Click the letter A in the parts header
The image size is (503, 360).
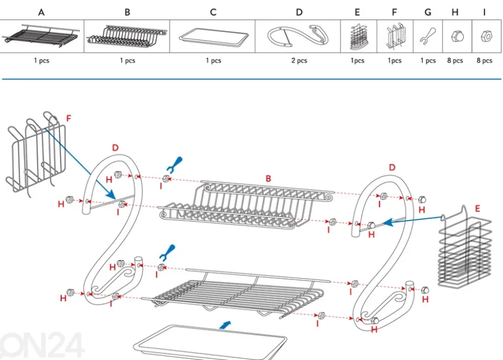tap(41, 13)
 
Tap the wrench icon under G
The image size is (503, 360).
tap(428, 36)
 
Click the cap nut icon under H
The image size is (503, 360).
tap(457, 36)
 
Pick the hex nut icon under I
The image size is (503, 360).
tap(486, 37)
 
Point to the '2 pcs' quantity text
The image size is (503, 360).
tap(299, 61)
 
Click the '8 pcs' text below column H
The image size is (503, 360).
tap(455, 61)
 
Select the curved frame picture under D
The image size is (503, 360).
tap(298, 36)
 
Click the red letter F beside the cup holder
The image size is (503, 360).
tap(69, 119)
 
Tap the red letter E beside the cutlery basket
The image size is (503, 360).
tap(477, 209)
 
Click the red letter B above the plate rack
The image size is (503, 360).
tap(268, 178)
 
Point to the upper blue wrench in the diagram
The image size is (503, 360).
tap(175, 165)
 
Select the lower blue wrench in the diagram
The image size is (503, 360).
tap(168, 253)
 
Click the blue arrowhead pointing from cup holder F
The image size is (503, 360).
tap(111, 195)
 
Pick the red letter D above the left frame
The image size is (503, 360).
tap(115, 148)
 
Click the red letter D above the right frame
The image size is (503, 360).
tap(392, 167)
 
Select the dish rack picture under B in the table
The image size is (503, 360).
tap(127, 36)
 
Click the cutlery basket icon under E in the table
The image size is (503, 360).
tap(358, 37)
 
